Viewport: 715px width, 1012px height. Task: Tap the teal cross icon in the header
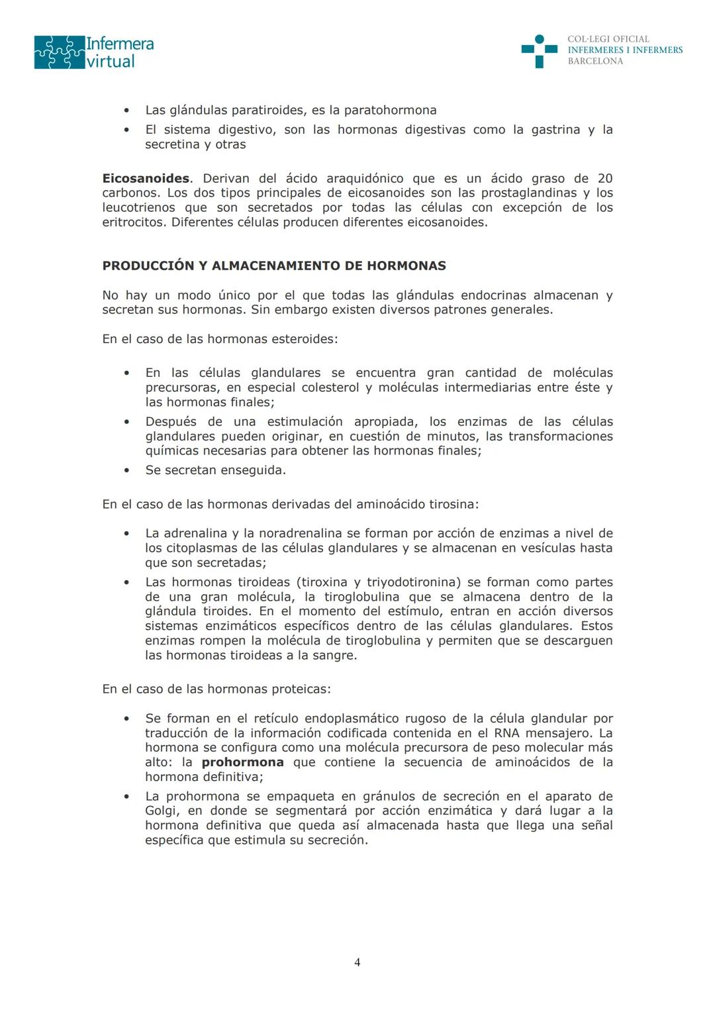coord(539,51)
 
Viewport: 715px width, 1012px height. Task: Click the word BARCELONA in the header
coord(595,61)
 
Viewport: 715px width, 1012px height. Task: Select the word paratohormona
coord(390,110)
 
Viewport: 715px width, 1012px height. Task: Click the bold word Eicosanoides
coord(146,178)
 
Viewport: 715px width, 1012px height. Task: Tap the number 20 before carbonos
coord(604,178)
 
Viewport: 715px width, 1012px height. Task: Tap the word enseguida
coord(256,470)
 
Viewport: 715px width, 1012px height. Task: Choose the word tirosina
coord(450,504)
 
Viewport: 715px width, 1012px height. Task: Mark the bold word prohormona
coord(242,762)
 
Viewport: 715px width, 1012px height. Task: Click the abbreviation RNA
coord(506,733)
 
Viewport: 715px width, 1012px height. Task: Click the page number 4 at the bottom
coord(358,962)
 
